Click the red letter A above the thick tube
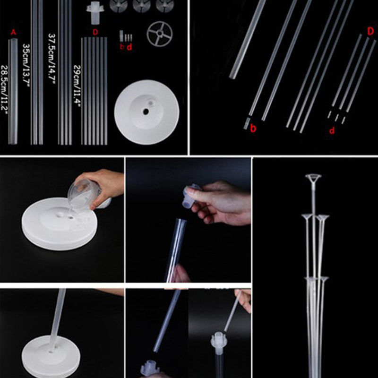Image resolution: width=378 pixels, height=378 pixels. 14,32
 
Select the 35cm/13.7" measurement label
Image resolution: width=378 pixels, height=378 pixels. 26,65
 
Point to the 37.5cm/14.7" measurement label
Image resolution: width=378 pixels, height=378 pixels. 52,58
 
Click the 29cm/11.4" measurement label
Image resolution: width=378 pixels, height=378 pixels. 77,86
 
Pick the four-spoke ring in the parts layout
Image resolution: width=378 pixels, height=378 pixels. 160,34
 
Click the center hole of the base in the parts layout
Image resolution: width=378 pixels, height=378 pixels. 146,112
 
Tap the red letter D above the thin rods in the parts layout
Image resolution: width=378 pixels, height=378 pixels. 95,32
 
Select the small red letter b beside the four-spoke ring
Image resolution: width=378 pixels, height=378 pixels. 122,46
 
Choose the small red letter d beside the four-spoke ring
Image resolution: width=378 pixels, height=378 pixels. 129,47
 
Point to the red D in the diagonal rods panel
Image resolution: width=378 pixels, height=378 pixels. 370,31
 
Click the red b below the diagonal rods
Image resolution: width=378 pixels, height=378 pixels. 253,128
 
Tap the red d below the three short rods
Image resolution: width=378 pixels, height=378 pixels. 332,131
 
